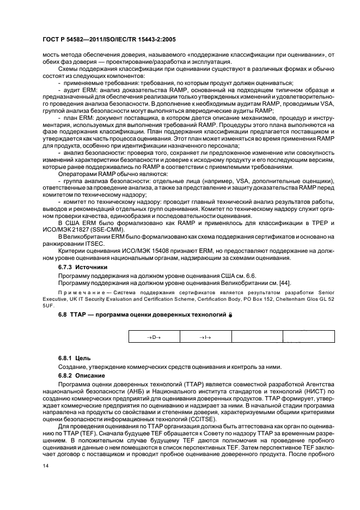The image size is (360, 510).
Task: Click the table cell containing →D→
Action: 155,338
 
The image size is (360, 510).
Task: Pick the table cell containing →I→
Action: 206,338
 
